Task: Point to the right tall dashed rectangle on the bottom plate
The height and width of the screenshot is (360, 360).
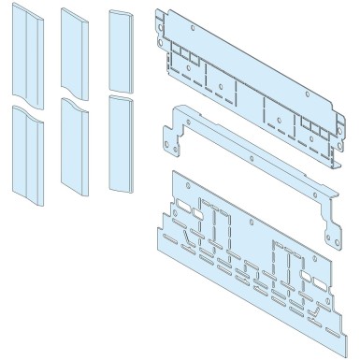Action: [x=280, y=257]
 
